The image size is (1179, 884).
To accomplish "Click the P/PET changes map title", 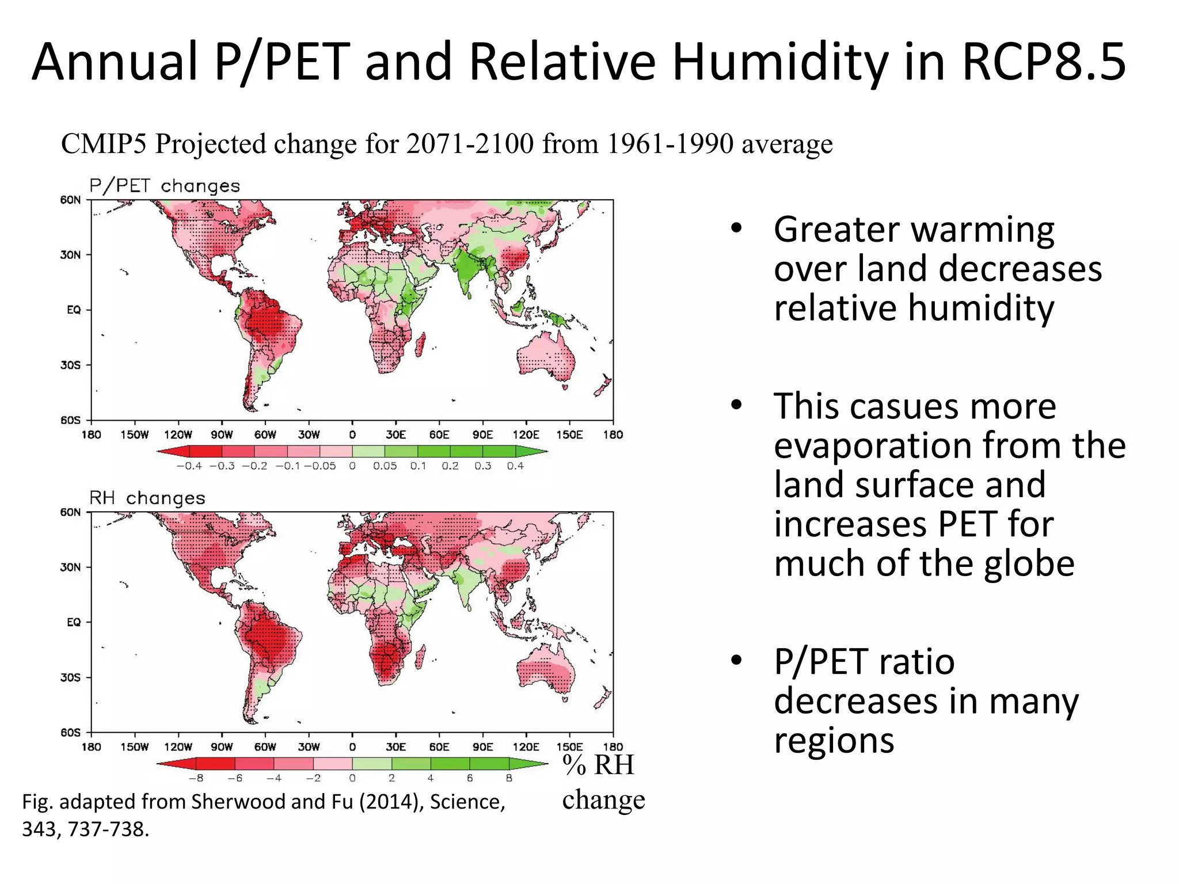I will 164,186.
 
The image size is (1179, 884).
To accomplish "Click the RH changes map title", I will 147,498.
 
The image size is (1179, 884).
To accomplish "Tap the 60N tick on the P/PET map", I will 71,200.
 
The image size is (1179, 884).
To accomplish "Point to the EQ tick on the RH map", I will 74,622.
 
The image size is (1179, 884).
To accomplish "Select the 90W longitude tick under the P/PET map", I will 222,435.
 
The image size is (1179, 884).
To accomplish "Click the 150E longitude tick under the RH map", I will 569,747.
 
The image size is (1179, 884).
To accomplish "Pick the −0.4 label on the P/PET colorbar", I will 189,466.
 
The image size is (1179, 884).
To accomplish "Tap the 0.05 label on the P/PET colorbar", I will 385,466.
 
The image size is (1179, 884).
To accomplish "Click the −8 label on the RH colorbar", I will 196,778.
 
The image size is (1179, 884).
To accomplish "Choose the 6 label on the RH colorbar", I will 470,778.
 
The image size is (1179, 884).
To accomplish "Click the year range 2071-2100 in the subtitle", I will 470,144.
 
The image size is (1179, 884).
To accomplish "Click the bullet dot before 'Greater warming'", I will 736,228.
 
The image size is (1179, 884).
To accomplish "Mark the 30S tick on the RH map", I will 71,677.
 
